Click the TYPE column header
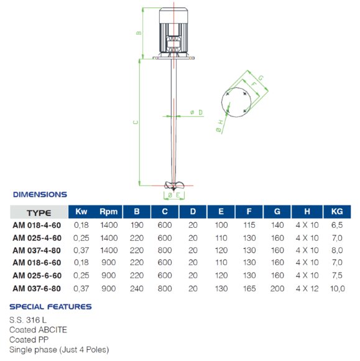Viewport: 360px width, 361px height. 39,213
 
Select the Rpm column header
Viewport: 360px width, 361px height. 108,212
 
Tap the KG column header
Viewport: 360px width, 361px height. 336,212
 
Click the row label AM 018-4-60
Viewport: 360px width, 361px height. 37,226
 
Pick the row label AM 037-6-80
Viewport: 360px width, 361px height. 37,288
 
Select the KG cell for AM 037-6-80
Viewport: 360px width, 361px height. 336,288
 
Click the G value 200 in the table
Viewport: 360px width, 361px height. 277,288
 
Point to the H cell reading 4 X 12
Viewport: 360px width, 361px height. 307,288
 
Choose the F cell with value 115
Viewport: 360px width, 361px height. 249,226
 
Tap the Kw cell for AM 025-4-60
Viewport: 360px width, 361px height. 81,238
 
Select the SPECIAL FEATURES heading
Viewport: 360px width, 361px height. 50,307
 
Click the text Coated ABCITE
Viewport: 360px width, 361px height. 38,330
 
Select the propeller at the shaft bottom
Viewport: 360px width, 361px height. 173,185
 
